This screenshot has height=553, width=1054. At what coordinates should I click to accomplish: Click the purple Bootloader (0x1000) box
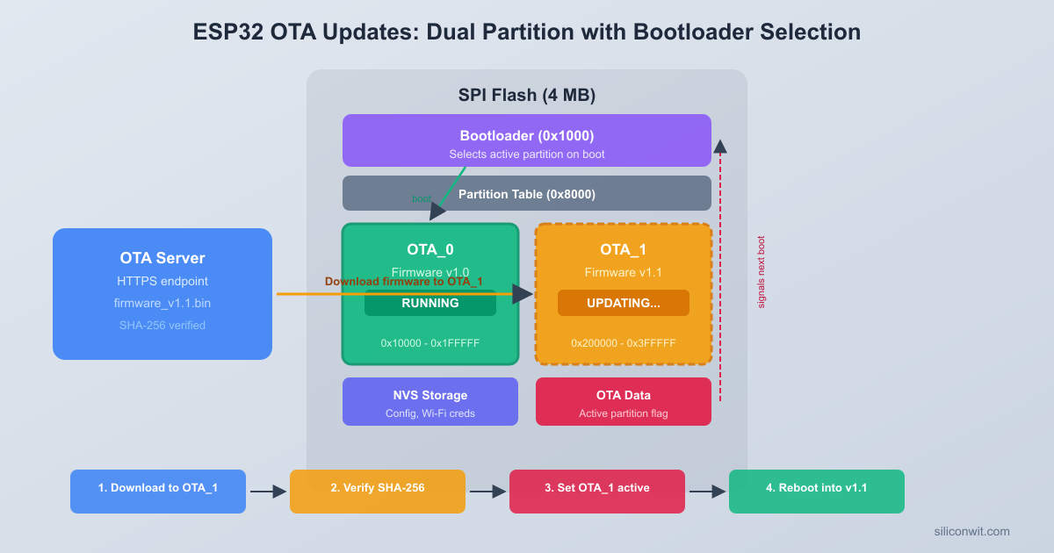[527, 140]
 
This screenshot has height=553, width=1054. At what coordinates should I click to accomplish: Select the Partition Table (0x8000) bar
[527, 193]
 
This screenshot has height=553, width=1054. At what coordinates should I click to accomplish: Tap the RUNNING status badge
[430, 304]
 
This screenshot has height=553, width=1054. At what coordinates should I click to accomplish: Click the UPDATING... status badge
[624, 304]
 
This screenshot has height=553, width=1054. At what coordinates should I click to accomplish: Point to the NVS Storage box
[430, 402]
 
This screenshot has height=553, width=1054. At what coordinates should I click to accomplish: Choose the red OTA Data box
[624, 402]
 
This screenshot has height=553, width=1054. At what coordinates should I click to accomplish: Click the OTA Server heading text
[162, 258]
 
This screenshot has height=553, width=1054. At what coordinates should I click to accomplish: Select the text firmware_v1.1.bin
[162, 304]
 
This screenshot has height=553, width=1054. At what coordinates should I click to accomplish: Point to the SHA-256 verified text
[162, 326]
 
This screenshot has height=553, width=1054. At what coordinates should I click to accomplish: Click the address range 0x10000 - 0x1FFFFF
[430, 343]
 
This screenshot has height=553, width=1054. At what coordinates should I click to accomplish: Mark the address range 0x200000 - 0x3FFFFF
[624, 343]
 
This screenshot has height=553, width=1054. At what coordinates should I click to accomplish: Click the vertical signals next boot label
[762, 272]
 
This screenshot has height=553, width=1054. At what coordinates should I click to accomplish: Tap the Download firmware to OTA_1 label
[404, 282]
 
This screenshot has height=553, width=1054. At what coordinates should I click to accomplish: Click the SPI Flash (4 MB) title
[527, 96]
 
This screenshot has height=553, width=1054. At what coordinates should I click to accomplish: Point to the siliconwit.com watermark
[972, 532]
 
